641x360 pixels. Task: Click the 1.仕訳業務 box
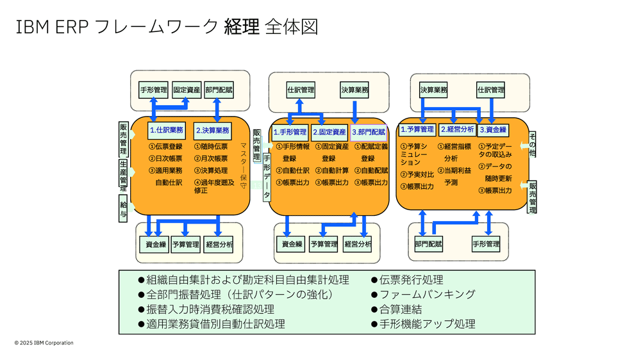click(167, 130)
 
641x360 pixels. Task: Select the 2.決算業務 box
click(212, 130)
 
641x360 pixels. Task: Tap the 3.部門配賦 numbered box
click(369, 133)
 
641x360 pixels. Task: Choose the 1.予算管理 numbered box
click(417, 129)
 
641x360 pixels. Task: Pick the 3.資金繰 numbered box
click(493, 129)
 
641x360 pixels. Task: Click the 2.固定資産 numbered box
click(329, 133)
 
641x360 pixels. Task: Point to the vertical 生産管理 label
click(123, 173)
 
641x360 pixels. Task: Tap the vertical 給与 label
click(123, 209)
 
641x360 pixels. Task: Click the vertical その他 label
click(532, 145)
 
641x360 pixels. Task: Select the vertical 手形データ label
click(267, 176)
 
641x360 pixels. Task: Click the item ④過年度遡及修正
click(213, 186)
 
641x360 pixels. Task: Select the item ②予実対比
click(417, 174)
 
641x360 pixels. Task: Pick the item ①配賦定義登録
click(370, 152)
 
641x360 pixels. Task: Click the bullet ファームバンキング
click(427, 294)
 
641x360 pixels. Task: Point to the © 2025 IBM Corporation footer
click(44, 343)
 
